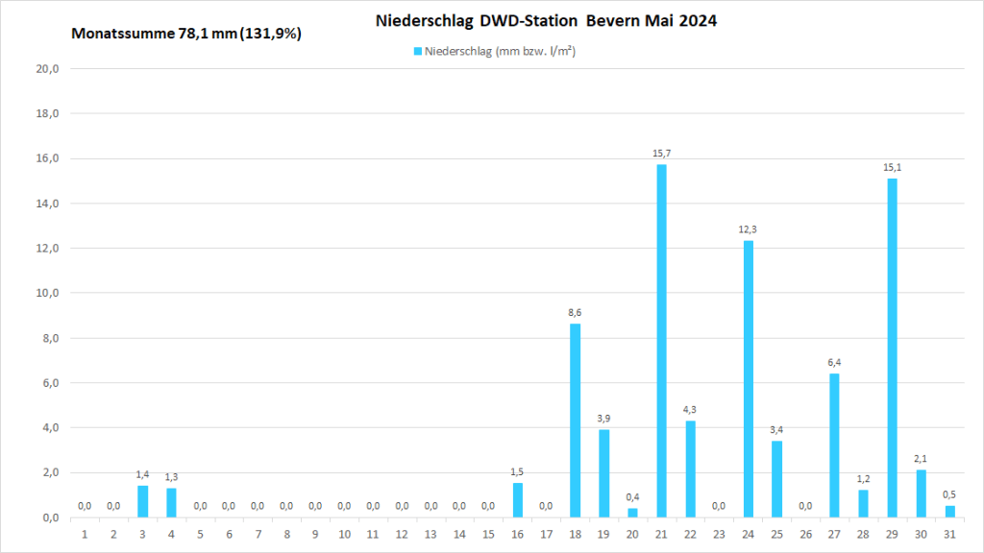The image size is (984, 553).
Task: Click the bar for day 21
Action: point(661,341)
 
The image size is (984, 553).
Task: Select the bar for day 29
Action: point(892,348)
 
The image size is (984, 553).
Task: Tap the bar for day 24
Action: point(748,378)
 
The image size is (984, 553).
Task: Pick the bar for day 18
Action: point(575,421)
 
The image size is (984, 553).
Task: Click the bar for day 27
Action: point(834,445)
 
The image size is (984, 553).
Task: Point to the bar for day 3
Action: point(142,501)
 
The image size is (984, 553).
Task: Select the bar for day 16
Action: point(517,500)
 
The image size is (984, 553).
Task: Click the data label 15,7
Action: point(661,154)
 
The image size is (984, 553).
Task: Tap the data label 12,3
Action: point(748,229)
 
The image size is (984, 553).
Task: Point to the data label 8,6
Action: point(575,313)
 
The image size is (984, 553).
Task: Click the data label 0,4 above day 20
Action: point(632,497)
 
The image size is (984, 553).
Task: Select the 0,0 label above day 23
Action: point(719,506)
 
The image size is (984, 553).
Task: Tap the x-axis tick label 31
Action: point(949,534)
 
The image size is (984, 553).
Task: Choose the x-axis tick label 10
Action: point(344,534)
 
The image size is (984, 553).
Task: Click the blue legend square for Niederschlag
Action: point(418,51)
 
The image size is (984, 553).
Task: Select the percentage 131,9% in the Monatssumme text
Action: point(273,35)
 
